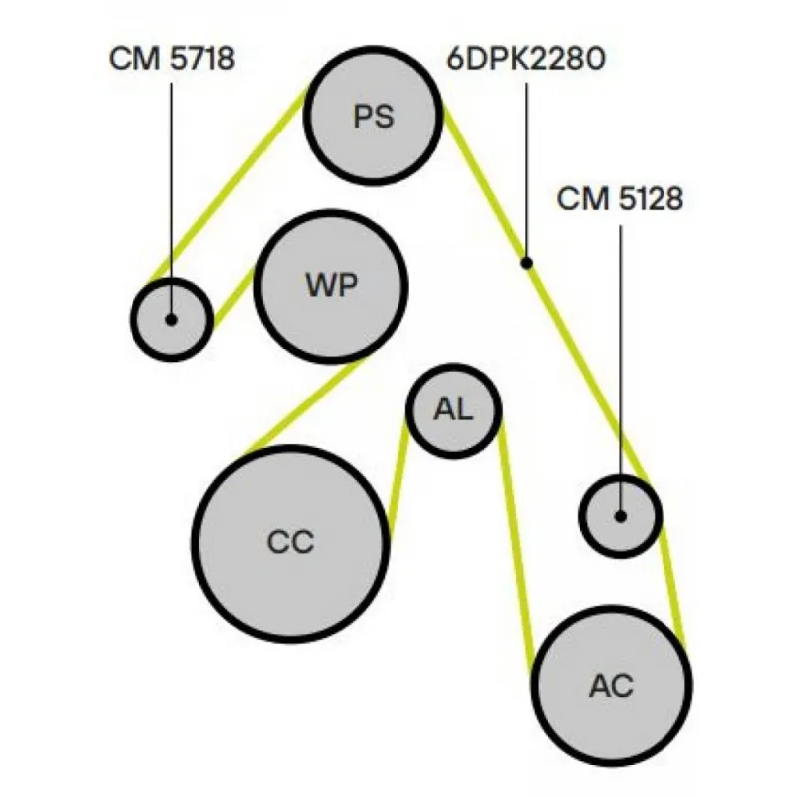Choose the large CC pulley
tap(291, 542)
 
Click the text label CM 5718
tap(171, 59)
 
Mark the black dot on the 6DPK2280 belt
tap(527, 263)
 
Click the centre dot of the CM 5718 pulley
tap(172, 320)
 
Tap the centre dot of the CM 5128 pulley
tap(620, 516)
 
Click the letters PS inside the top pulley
tap(374, 117)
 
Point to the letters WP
tap(331, 286)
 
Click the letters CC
tap(291, 543)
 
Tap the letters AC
tap(612, 686)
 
